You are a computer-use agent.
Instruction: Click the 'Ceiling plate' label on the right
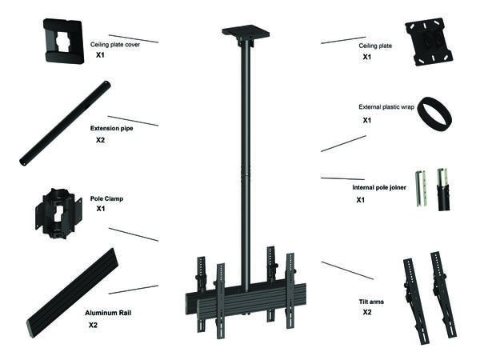[376, 46]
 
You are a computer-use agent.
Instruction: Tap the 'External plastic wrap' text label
[386, 106]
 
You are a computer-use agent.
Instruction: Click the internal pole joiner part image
[432, 190]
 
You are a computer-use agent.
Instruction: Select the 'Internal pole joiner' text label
[380, 188]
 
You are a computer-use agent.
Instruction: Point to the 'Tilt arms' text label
[372, 302]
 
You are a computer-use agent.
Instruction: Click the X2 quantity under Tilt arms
[367, 313]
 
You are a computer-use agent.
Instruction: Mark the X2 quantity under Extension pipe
[101, 140]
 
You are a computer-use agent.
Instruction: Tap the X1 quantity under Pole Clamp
[101, 208]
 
